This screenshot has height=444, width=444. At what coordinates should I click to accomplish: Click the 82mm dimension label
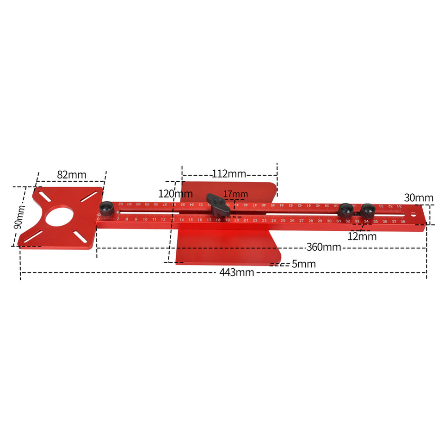tap(72, 175)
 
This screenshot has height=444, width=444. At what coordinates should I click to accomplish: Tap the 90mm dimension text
tap(18, 217)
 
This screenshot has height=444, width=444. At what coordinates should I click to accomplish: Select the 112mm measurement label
tap(229, 174)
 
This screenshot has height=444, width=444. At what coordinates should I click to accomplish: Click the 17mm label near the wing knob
tap(235, 194)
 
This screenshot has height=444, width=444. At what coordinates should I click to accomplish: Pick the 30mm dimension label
tap(419, 198)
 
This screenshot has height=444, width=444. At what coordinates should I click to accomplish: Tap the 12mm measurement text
tap(363, 236)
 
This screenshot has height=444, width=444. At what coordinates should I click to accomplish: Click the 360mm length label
tap(323, 247)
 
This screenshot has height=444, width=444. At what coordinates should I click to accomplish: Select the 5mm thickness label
tap(303, 264)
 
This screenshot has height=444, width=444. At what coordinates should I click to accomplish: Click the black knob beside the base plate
tap(107, 209)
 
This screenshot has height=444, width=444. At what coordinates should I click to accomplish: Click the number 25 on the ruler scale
tap(283, 221)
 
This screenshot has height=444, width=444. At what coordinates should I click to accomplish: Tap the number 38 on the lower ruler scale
tap(403, 222)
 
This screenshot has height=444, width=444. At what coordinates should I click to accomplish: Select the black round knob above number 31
tap(345, 210)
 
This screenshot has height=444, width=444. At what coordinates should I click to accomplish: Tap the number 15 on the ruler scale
tap(191, 220)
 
